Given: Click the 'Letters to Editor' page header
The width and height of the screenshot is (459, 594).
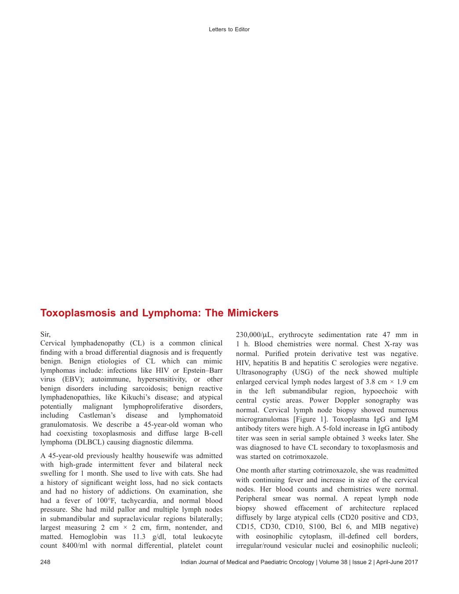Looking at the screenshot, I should click(229, 29).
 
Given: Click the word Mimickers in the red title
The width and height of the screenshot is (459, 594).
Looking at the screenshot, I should click(253, 313).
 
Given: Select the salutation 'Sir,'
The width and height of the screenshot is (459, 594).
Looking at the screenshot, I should click(46, 334).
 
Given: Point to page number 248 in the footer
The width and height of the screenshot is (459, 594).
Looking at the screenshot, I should click(45, 562).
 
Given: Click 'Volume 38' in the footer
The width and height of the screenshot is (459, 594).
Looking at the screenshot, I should click(332, 562).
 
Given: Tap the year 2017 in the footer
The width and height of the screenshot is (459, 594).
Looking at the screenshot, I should click(410, 562).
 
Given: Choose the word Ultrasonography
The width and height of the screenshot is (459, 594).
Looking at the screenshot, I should click(261, 372).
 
